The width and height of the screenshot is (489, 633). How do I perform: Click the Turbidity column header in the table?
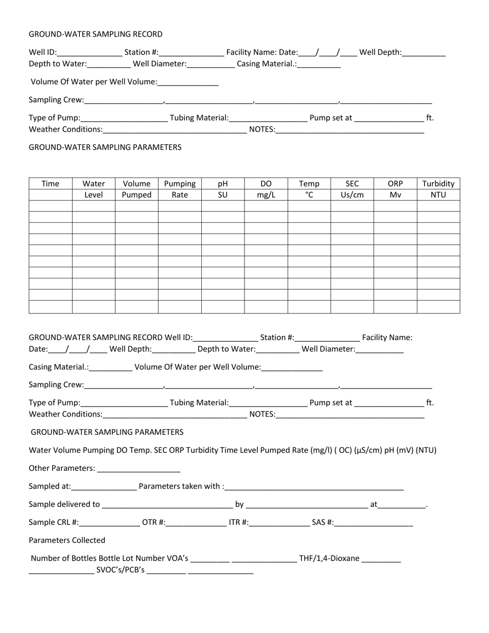pos(438,184)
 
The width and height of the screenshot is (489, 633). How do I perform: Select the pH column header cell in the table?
pos(222,184)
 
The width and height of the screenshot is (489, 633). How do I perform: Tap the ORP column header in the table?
pos(395,184)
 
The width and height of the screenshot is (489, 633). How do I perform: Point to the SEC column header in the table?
pos(352,184)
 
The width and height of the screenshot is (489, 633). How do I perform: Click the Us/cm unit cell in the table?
pos(352,195)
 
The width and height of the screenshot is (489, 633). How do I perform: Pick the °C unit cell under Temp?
pos(309,195)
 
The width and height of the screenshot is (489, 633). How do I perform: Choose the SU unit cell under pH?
pos(222,195)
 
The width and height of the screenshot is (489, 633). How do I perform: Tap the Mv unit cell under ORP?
pos(395,195)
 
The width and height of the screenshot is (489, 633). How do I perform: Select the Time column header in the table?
pos(50,184)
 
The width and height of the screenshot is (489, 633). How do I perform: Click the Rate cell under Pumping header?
pos(179,195)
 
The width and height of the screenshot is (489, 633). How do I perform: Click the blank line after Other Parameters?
pos(138,469)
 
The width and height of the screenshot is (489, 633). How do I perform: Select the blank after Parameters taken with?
pos(314,487)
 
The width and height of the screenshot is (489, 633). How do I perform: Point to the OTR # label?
pos(153,523)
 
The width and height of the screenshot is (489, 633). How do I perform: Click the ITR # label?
pos(239,523)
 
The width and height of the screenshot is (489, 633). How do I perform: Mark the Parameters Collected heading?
pos(67,540)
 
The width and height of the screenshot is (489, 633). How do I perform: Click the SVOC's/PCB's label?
pos(120,570)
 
